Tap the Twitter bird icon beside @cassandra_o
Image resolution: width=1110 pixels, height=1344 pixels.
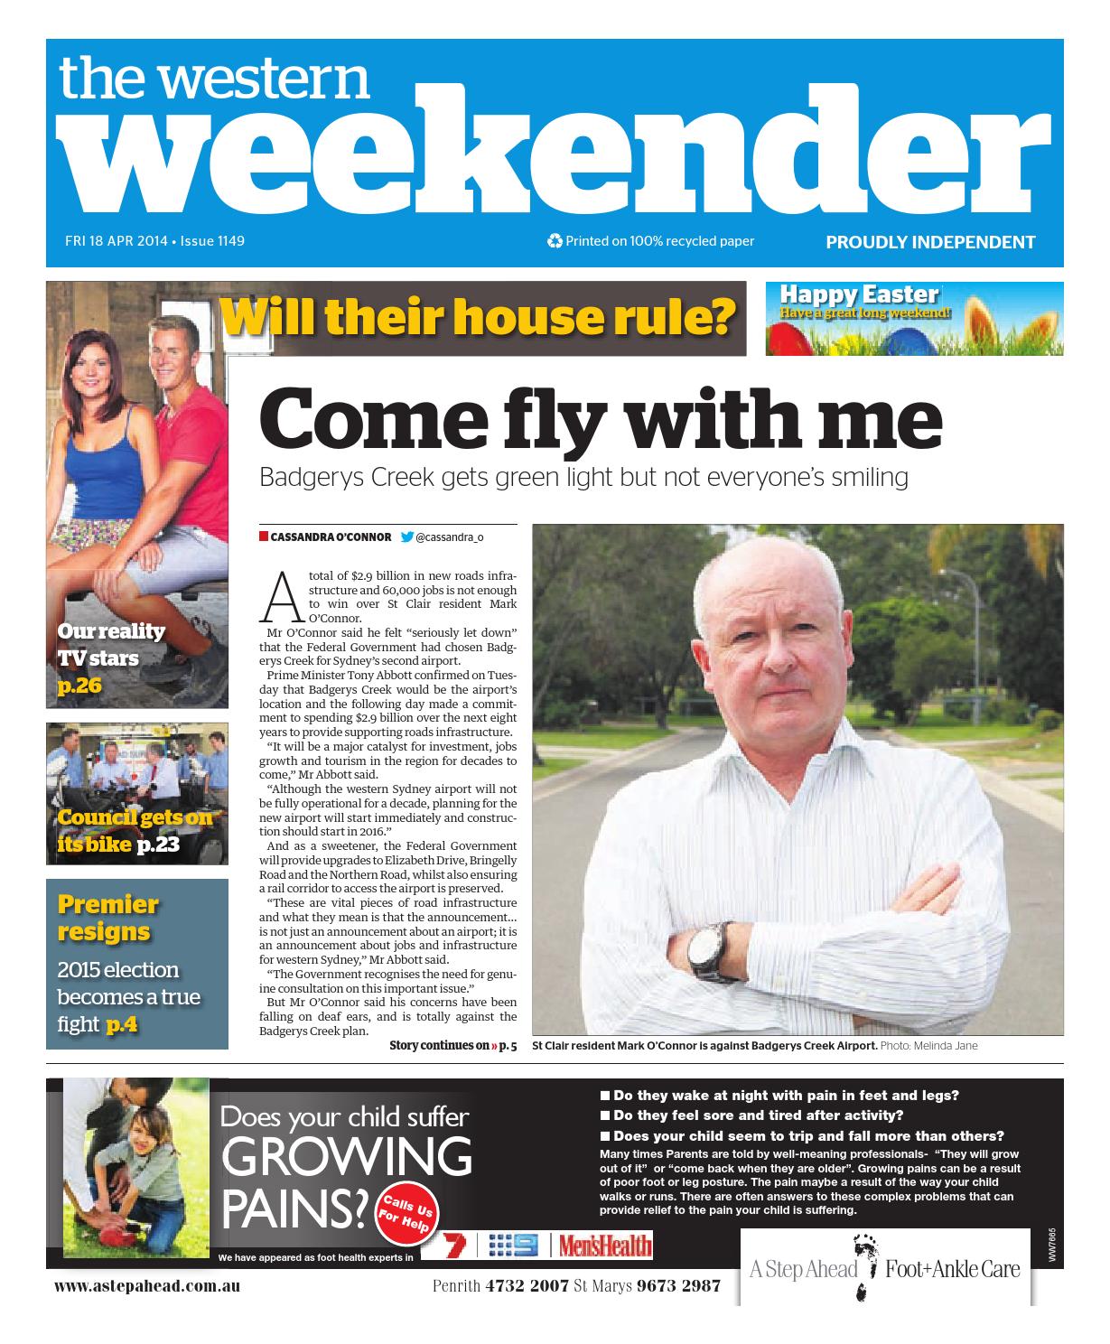[406, 537]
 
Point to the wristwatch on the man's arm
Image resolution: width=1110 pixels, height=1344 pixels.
[702, 950]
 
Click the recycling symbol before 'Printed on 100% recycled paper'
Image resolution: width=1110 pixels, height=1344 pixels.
[555, 241]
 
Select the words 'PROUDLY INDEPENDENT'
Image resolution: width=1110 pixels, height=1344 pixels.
[929, 242]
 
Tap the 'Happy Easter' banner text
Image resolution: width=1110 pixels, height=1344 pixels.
[858, 294]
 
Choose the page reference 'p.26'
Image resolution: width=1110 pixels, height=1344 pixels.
[79, 686]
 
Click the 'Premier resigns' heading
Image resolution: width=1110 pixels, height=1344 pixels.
[107, 917]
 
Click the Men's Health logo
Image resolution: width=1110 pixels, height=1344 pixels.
[603, 1246]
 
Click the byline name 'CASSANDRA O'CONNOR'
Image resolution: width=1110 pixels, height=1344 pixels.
[331, 537]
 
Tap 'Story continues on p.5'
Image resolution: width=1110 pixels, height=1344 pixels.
[452, 1046]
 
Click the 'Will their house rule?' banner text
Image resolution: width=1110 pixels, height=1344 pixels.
[476, 317]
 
